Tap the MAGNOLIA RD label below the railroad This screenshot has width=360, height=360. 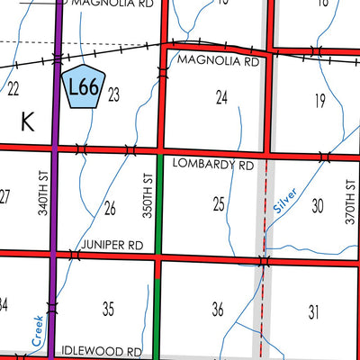click(219, 63)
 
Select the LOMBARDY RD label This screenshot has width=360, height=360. click(216, 166)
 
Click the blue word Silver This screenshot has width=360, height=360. click(283, 208)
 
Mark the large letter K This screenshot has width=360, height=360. click(27, 124)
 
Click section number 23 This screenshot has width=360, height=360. click(114, 94)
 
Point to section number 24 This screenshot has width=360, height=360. click(222, 95)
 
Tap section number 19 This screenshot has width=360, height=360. click(319, 100)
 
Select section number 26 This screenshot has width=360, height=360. click(110, 209)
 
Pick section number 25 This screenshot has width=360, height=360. click(219, 205)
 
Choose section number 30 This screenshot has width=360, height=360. click(317, 206)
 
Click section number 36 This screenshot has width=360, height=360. click(217, 310)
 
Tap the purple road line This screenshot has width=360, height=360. click(56, 225)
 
